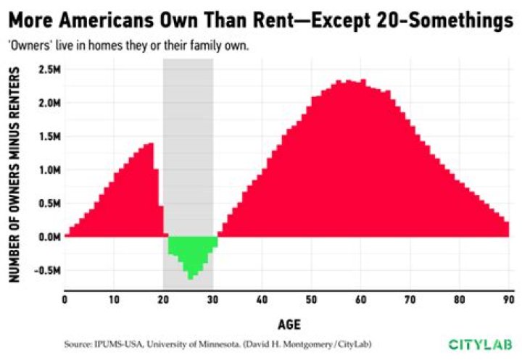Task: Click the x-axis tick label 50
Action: [311, 299]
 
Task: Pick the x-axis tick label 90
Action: [507, 299]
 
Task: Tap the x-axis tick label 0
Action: [65, 299]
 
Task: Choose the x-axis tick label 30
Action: [212, 299]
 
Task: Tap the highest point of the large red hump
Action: [362, 80]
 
